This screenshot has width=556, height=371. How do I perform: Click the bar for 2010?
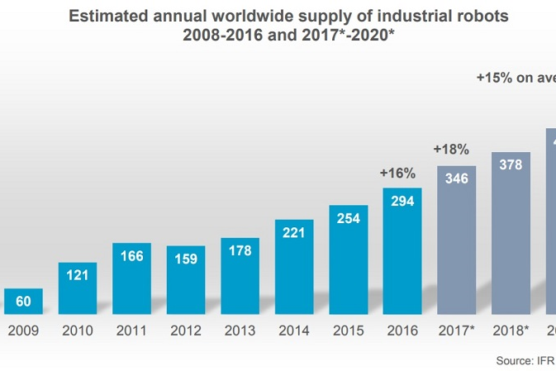click(x=78, y=288)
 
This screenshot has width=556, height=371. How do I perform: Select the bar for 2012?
click(x=186, y=280)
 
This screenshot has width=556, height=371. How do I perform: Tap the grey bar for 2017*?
click(x=456, y=240)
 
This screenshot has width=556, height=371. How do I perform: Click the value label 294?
click(x=402, y=201)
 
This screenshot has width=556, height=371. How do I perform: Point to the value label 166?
click(x=131, y=256)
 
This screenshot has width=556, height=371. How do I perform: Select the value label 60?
click(x=23, y=302)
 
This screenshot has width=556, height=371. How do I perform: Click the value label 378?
click(x=511, y=164)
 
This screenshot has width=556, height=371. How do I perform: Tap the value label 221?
click(x=294, y=232)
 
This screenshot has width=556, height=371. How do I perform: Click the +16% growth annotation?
click(x=397, y=173)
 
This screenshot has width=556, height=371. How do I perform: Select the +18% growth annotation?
click(x=451, y=150)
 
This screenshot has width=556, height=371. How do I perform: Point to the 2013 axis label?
click(x=240, y=331)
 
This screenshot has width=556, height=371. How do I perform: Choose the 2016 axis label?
click(x=402, y=331)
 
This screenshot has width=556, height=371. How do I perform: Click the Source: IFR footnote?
click(x=525, y=360)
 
